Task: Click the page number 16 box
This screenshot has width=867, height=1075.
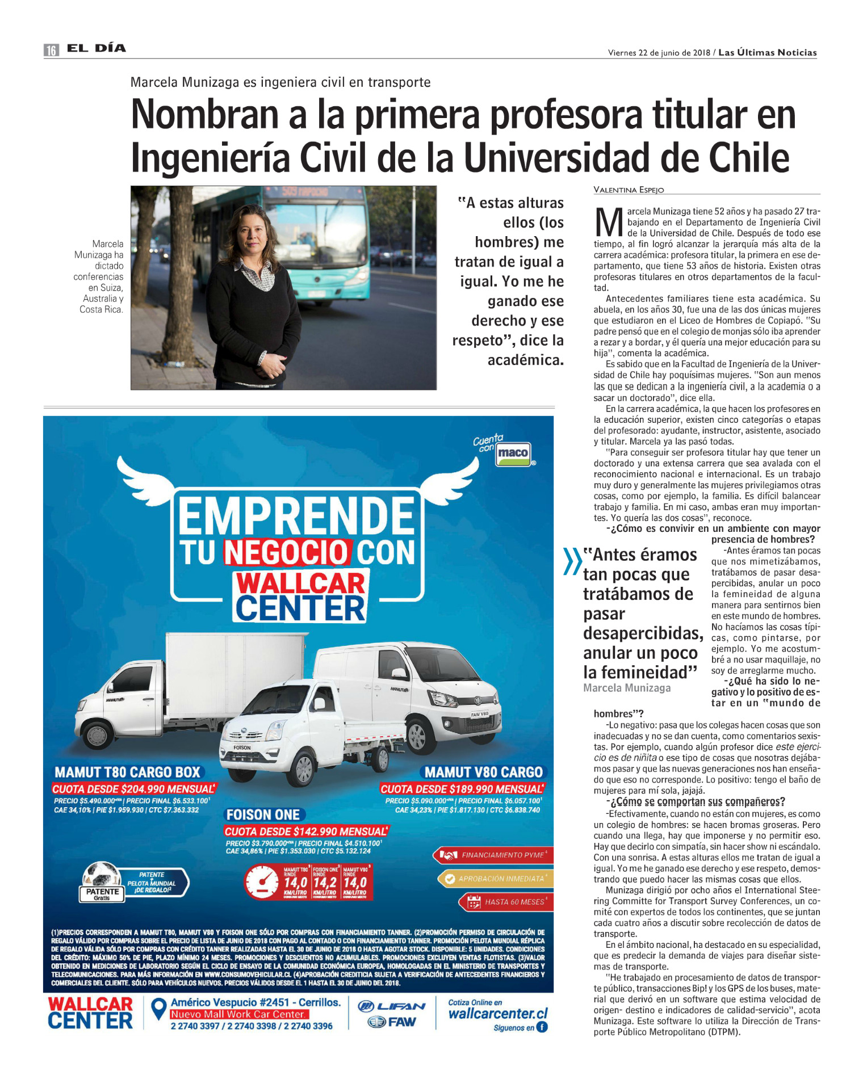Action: coord(51,50)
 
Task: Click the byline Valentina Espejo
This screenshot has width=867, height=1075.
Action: coord(628,190)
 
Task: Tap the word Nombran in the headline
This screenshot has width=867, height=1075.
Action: coord(205,115)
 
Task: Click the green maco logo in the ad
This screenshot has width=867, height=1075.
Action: coord(513,453)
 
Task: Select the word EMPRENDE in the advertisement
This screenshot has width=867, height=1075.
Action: coord(296,516)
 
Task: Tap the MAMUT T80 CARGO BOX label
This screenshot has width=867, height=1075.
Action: coord(128,772)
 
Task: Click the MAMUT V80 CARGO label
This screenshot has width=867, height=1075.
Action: coord(484,772)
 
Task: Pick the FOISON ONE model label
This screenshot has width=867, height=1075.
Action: coord(263,815)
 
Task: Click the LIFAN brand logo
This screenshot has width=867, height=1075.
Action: coord(392,1006)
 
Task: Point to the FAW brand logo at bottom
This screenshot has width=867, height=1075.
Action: coord(392,1022)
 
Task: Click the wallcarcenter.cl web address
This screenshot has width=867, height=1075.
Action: coord(498,1014)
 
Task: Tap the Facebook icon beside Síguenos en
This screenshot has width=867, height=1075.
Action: coord(542,1027)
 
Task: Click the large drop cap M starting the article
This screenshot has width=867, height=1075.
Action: coord(609,222)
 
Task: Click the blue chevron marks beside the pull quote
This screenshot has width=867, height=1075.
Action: coord(572,561)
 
